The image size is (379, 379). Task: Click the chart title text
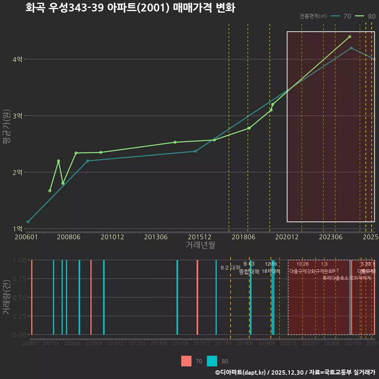[x=130, y=8]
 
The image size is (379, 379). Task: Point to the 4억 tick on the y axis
[x=17, y=60]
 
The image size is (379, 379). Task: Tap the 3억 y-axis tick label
[x=17, y=116]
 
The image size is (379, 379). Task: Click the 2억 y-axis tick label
[x=17, y=173]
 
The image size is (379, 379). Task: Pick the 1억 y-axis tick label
[x=17, y=229]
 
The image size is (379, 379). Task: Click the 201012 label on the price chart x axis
[x=112, y=237]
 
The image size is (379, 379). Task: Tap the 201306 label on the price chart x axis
[x=156, y=237]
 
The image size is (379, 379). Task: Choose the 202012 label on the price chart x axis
[x=287, y=237]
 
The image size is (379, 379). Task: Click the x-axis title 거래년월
[x=200, y=245]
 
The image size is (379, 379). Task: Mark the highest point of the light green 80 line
[x=350, y=37]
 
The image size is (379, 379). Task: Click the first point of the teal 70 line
[x=28, y=222]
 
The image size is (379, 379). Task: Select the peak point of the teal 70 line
[x=351, y=48]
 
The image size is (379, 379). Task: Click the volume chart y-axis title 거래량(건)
[x=6, y=297]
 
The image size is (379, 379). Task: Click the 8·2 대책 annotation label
[x=230, y=268]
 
